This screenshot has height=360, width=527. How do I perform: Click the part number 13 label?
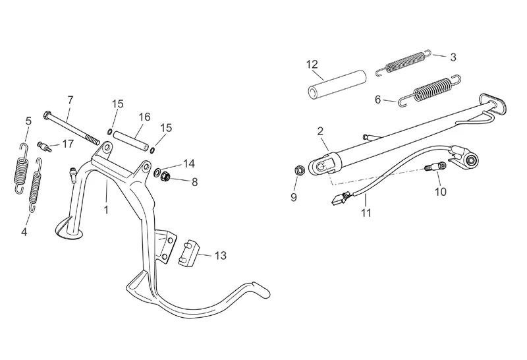221,256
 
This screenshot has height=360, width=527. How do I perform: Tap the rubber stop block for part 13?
188,253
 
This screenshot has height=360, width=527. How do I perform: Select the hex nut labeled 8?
165,175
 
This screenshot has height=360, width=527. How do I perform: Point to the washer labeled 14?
157,173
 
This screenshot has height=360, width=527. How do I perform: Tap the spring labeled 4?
36,186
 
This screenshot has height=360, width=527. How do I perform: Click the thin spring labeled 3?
403,62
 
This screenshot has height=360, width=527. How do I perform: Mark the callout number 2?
320,131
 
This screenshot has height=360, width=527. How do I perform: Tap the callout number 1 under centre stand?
106,210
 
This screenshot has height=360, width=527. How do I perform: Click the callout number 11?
366,212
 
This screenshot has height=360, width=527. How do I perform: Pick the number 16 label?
144,117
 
